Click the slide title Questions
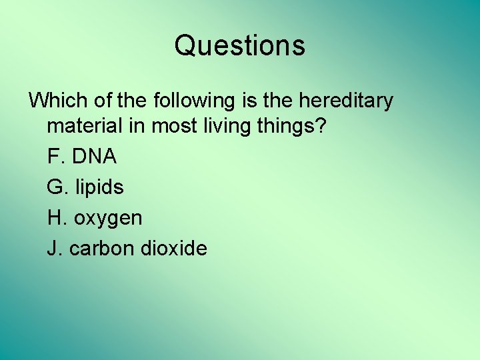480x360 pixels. (x=240, y=46)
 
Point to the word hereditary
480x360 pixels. (x=346, y=101)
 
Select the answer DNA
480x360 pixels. (x=94, y=157)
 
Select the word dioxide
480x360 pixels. (x=174, y=249)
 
